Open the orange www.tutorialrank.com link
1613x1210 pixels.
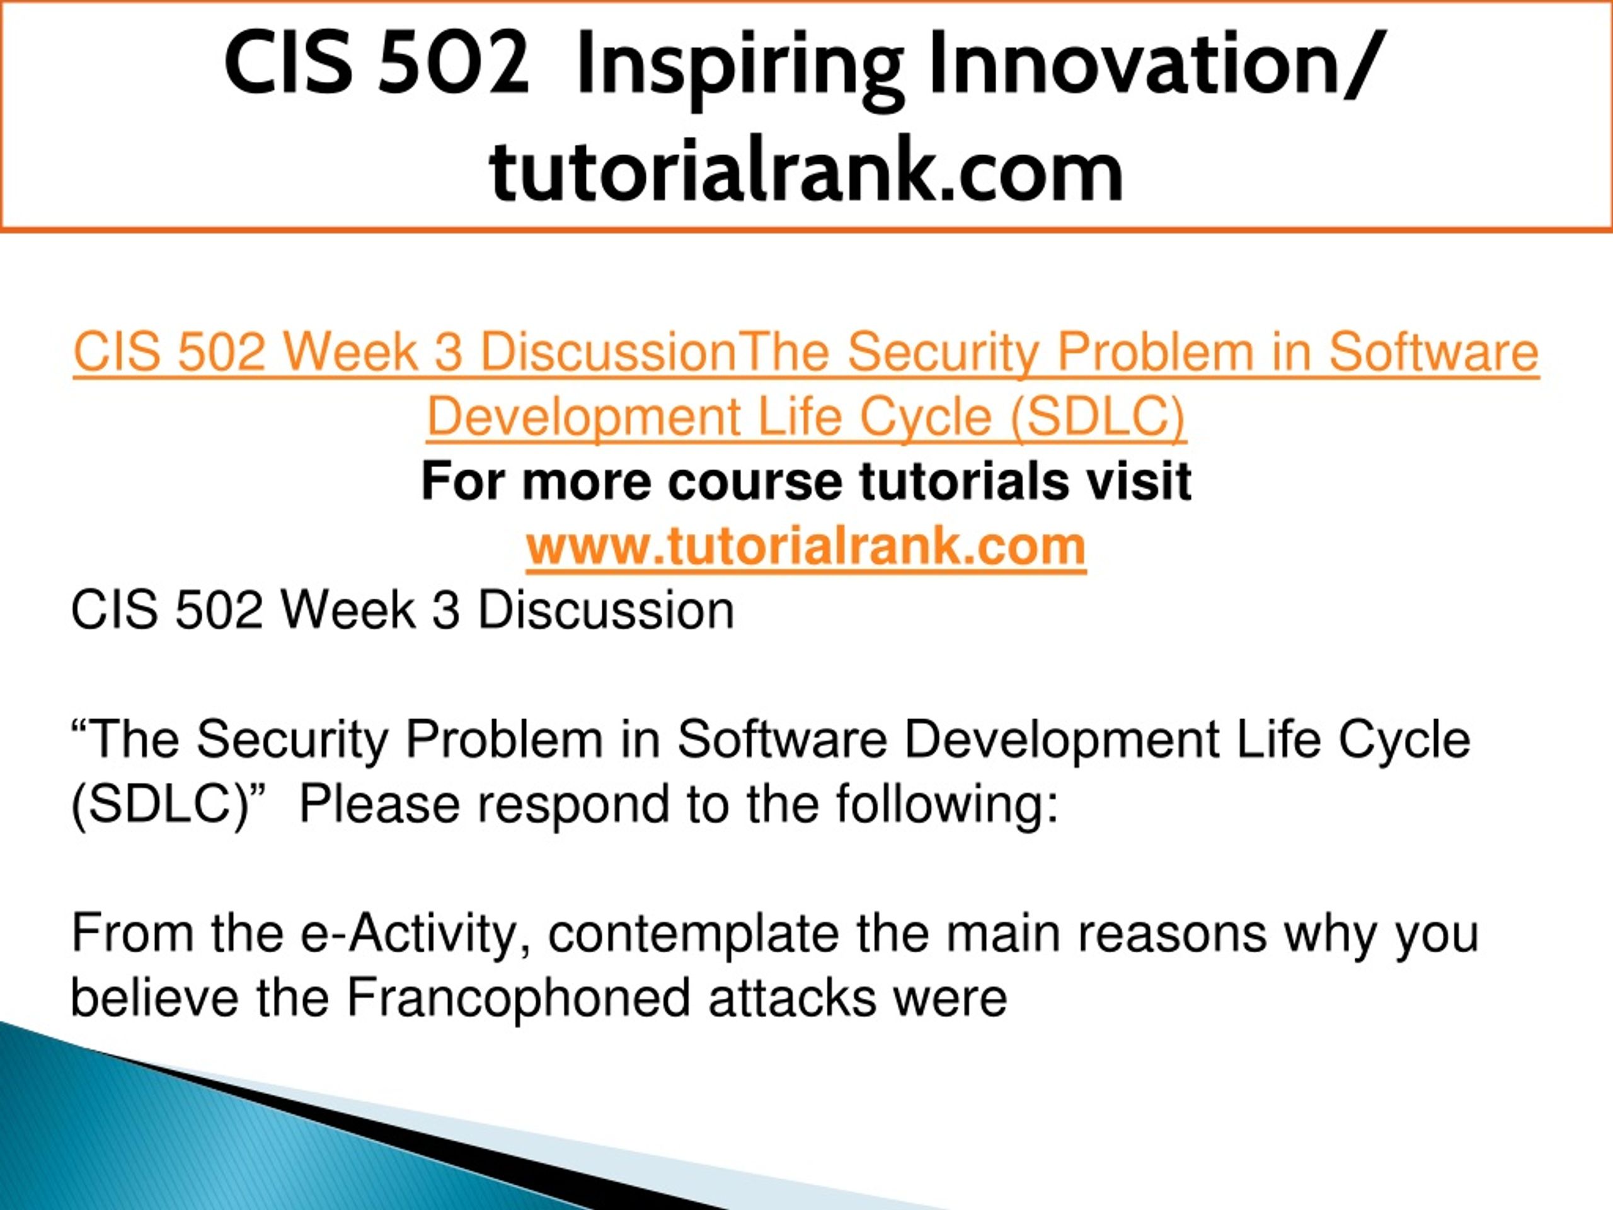[x=806, y=547]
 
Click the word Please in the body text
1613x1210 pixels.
[x=379, y=805]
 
